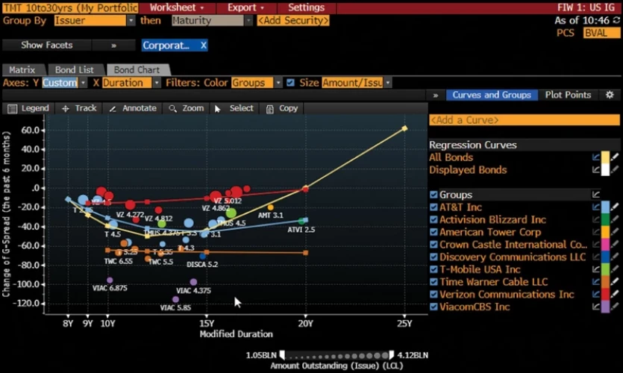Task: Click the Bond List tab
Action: point(75,70)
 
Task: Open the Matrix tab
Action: point(22,70)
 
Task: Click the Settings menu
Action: point(306,7)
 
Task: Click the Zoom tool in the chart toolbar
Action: point(187,108)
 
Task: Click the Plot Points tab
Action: point(568,95)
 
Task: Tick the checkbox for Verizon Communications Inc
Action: point(433,294)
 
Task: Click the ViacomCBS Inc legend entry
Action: point(475,307)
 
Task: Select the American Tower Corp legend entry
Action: point(490,232)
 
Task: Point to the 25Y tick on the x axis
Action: point(404,323)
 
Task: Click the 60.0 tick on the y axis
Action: point(30,130)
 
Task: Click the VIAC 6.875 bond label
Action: point(109,289)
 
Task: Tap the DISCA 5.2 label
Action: point(202,264)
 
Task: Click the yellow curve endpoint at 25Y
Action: point(404,128)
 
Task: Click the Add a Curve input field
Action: point(524,120)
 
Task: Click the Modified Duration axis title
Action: point(236,334)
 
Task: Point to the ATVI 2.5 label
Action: point(301,230)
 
